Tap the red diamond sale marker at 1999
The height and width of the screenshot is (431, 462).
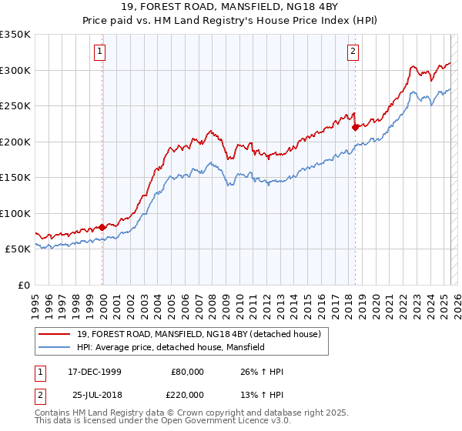[x=102, y=228]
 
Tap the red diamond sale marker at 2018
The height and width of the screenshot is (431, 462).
[x=355, y=128]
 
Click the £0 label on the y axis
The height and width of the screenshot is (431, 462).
[x=23, y=285]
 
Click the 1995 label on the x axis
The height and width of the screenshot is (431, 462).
[x=36, y=300]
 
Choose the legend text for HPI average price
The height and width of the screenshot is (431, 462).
[x=170, y=348]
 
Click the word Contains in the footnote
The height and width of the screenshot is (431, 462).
[x=52, y=413]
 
